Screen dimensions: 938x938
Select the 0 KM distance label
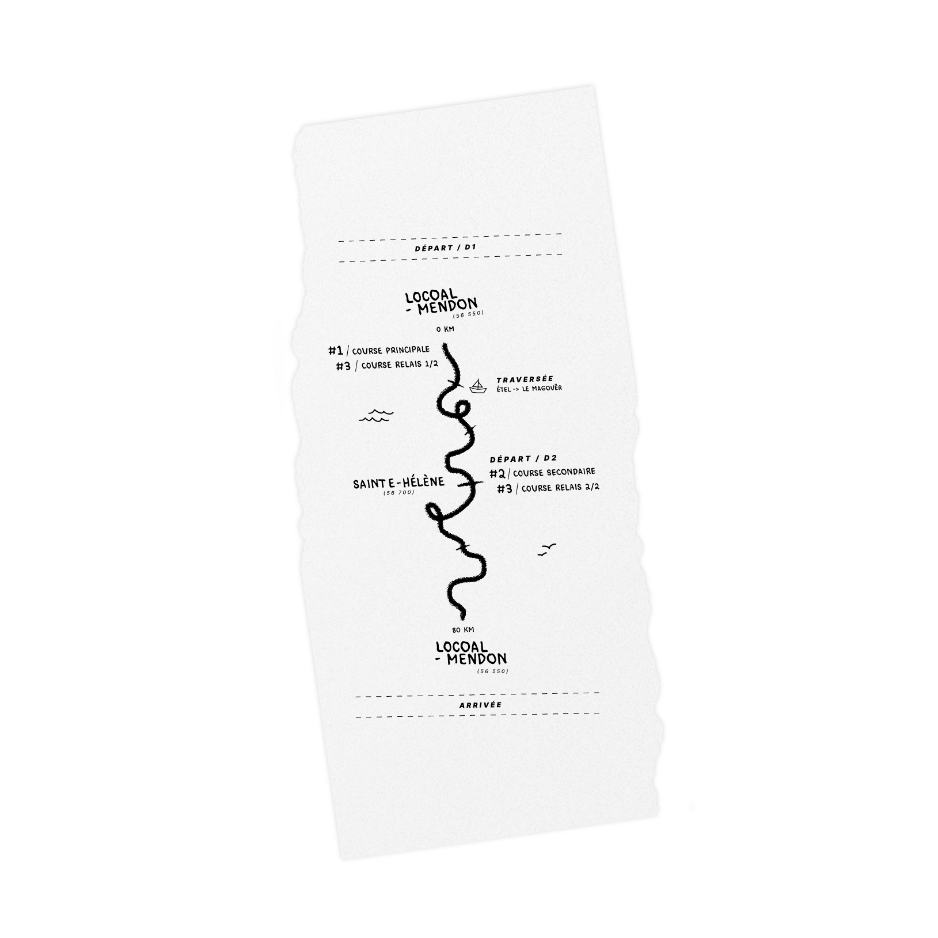445,329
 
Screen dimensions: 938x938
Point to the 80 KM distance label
463,630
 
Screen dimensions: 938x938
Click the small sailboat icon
478,386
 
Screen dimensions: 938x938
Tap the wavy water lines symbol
375,415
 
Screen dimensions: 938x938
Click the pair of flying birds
546,549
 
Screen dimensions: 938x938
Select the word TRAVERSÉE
525,379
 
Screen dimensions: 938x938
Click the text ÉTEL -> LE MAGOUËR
529,389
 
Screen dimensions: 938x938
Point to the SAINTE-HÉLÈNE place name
399,483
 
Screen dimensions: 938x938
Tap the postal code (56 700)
398,492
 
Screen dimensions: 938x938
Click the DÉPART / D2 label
523,459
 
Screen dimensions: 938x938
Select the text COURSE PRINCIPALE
390,350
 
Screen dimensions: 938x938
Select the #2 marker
498,474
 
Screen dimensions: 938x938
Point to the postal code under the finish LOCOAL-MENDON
493,671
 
